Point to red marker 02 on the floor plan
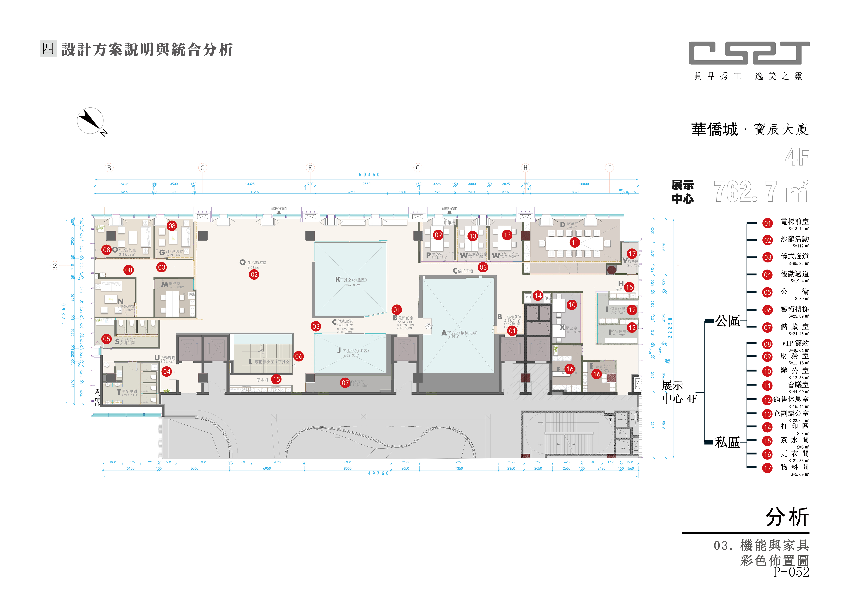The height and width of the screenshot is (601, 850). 254,275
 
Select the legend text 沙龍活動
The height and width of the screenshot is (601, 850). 794,239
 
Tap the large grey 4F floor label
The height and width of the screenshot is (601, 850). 797,157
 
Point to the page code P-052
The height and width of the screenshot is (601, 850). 791,572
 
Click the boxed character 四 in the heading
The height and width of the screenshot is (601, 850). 48,49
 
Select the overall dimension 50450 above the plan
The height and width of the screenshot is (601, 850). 369,175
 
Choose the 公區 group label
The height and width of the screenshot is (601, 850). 727,321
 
